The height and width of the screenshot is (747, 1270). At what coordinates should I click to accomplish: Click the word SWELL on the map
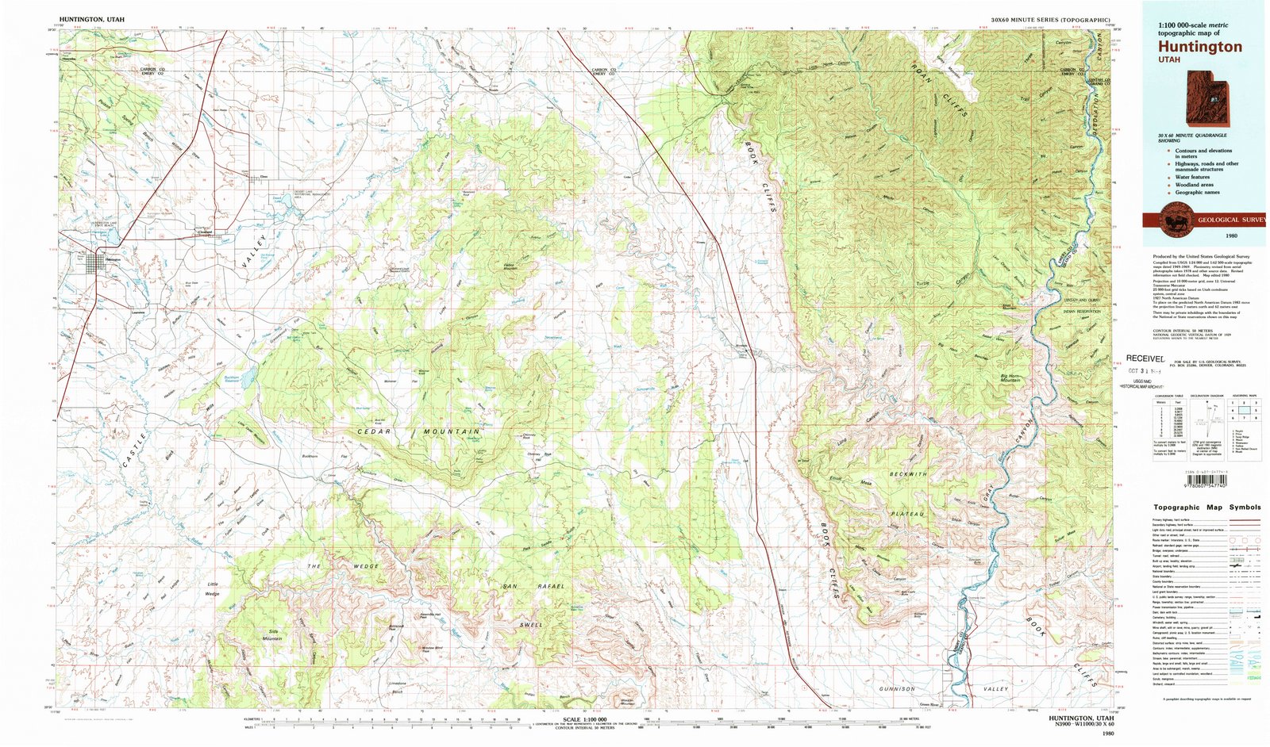coord(531,625)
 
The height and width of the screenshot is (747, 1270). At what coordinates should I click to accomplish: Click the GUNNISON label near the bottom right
coord(898,689)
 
